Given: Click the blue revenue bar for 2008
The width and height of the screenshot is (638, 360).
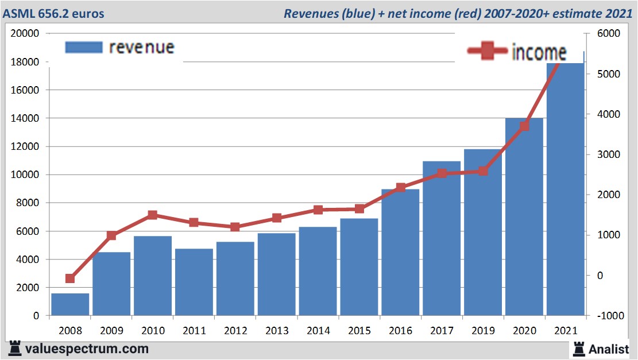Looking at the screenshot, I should pos(70,304).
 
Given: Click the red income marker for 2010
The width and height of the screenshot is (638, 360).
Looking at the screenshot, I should pos(153,215).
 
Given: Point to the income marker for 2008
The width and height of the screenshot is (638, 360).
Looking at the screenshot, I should pos(70,278).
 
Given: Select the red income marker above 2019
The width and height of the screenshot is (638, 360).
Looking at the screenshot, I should pos(483,171).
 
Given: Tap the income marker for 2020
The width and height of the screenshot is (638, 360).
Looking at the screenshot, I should pos(524,126).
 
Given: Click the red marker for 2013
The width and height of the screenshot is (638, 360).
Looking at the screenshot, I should pos(276,218).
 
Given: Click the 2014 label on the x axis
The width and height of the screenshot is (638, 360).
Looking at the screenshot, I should pos(318,331).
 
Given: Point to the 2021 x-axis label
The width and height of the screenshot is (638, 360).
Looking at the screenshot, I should pos(565,331).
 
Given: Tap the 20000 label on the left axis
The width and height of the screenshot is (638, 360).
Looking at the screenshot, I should pos(25,33).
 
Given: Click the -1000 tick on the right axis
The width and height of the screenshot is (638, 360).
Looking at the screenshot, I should pos(609,316).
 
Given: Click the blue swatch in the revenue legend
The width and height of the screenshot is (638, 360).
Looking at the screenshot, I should pos(84,48).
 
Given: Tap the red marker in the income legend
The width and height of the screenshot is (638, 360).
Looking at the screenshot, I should pos(488,52).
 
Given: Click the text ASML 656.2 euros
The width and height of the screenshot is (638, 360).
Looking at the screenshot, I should pos(56,13).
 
